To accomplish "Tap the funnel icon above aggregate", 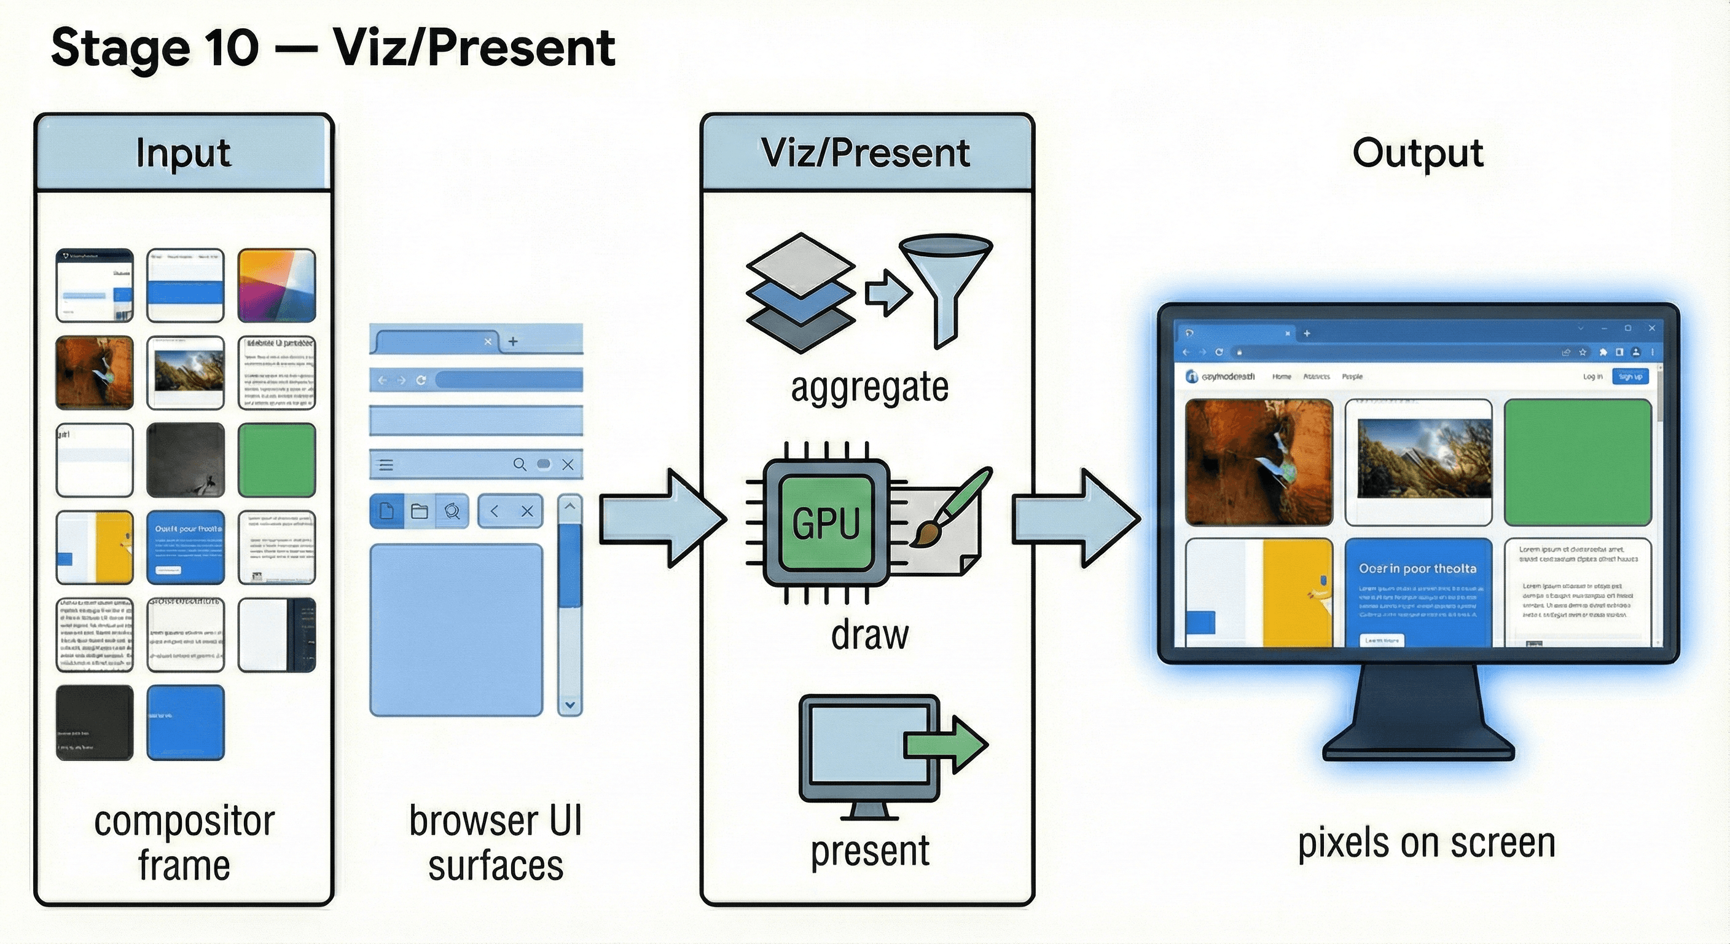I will point(945,282).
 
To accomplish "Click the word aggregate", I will point(870,387).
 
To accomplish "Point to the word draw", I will point(870,634).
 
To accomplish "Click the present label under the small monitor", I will point(870,851).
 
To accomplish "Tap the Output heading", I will point(1417,153).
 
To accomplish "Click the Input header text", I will point(183,153).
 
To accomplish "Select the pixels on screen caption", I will point(1427,843).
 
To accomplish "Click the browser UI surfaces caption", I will point(496,843).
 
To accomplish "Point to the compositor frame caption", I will point(184,843).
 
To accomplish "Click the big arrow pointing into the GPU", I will point(662,518).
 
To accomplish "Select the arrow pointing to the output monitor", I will point(1074,518).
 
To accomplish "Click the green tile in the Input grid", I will point(276,460).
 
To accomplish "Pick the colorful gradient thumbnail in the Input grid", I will point(276,286).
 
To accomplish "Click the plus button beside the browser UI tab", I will point(513,341).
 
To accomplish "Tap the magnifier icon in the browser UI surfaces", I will point(519,464).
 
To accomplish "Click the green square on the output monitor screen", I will point(1578,462).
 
